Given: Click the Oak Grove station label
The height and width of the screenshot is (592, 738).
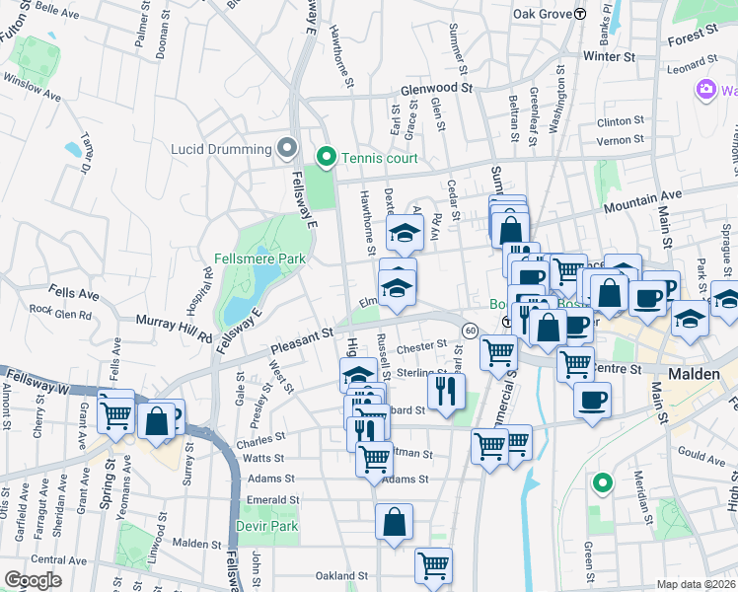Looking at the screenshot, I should coord(544,14).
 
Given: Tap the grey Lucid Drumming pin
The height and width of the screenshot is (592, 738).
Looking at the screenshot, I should coord(287,149).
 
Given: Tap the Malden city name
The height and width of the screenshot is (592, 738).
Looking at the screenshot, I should coord(695,375).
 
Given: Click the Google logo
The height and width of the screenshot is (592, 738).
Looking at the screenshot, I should coord(32,580).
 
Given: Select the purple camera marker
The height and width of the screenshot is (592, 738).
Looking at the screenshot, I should coord(705,90).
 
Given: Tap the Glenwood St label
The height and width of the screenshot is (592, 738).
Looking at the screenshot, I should coord(437,88).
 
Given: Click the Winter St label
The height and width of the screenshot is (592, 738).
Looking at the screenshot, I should coord(608,56).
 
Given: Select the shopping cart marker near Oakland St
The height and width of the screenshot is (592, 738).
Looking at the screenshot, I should coord(433,565).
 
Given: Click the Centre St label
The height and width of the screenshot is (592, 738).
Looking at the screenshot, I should coord(621,368).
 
